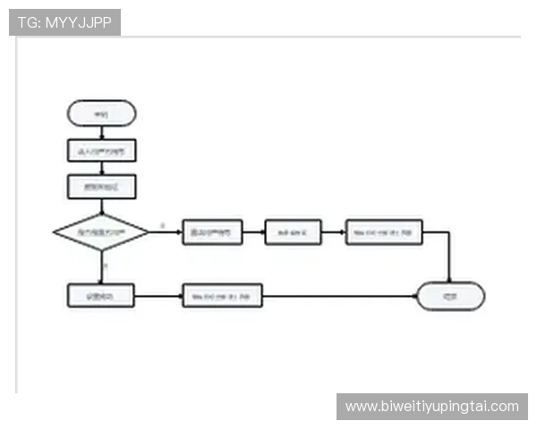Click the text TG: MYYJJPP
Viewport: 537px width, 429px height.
[64, 22]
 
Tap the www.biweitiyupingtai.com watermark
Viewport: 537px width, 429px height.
[432, 407]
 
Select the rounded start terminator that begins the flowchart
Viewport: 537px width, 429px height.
[101, 114]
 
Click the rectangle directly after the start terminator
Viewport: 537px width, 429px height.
[101, 151]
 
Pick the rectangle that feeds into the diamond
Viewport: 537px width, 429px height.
[101, 187]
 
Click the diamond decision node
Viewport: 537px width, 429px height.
[101, 232]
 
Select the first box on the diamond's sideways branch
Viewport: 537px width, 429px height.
[212, 232]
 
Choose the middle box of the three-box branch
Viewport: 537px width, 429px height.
[292, 232]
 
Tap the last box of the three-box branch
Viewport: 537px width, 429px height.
[384, 232]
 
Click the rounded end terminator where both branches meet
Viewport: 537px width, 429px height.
[450, 296]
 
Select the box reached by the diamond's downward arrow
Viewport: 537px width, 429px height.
[101, 296]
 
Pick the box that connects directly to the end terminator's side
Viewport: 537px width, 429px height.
[222, 296]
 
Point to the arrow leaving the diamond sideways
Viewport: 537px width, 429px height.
[166, 232]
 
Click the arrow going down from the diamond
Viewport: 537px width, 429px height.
[101, 267]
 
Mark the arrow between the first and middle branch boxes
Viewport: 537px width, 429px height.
[253, 232]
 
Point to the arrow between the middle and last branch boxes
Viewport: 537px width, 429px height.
[332, 232]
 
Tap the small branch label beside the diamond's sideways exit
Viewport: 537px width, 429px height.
[162, 225]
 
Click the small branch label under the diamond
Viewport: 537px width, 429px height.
[106, 266]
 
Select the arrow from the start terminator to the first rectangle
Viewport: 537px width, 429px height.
[101, 132]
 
